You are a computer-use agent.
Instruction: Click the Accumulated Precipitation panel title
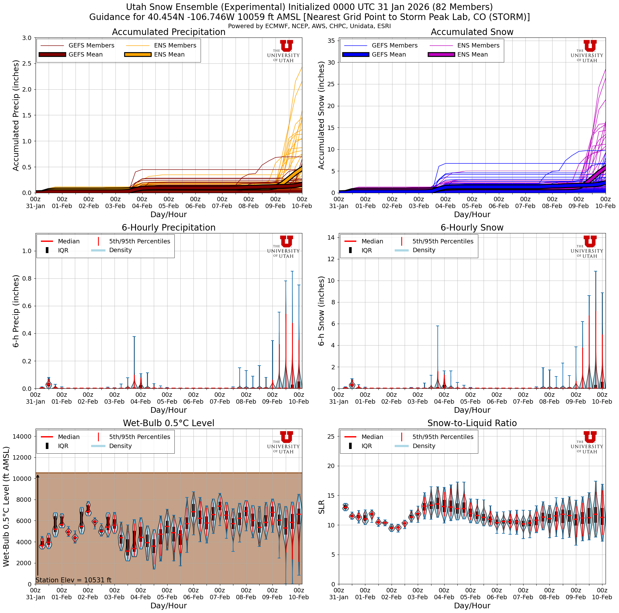(x=168, y=32)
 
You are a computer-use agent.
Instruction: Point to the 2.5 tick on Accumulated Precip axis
(x=27, y=63)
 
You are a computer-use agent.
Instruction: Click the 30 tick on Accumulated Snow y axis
(x=331, y=62)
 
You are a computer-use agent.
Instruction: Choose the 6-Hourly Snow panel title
(x=472, y=228)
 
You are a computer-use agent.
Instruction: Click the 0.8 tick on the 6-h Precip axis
(x=27, y=278)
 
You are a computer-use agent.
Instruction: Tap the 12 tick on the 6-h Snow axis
(x=331, y=259)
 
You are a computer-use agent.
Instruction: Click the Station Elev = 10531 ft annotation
(x=73, y=580)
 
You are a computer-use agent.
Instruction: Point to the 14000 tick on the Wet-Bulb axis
(x=22, y=436)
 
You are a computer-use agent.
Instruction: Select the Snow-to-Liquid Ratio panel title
(x=472, y=423)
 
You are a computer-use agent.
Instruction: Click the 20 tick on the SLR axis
(x=331, y=466)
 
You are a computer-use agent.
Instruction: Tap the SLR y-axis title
(x=321, y=507)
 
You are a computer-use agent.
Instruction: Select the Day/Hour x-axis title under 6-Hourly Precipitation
(x=168, y=410)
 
